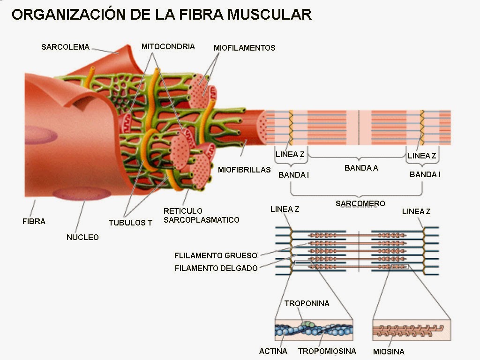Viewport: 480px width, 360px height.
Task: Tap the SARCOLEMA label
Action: (x=65, y=47)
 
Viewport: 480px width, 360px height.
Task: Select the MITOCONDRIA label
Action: (x=168, y=46)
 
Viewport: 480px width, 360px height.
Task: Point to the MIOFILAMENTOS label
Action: (x=244, y=48)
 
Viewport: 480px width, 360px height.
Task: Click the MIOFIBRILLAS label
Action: (x=244, y=170)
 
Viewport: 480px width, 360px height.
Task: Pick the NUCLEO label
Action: (x=82, y=237)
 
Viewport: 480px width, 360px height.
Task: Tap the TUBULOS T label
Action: (x=130, y=223)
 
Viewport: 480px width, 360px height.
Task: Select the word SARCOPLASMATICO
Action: (x=201, y=220)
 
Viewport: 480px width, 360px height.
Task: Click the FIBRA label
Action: (x=34, y=221)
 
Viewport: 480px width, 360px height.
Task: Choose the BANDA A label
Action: (x=361, y=168)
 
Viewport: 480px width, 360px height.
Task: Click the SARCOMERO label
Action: (x=360, y=203)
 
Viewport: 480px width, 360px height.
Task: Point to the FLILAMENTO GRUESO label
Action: (x=216, y=255)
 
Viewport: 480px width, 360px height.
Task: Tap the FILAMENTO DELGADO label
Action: (x=216, y=268)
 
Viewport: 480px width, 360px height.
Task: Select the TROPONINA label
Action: (x=307, y=303)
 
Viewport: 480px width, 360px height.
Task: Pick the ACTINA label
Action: (x=273, y=351)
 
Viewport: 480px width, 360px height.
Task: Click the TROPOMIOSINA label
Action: (x=327, y=351)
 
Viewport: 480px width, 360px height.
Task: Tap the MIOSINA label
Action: (x=389, y=352)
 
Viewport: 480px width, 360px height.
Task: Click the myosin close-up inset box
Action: (x=411, y=330)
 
